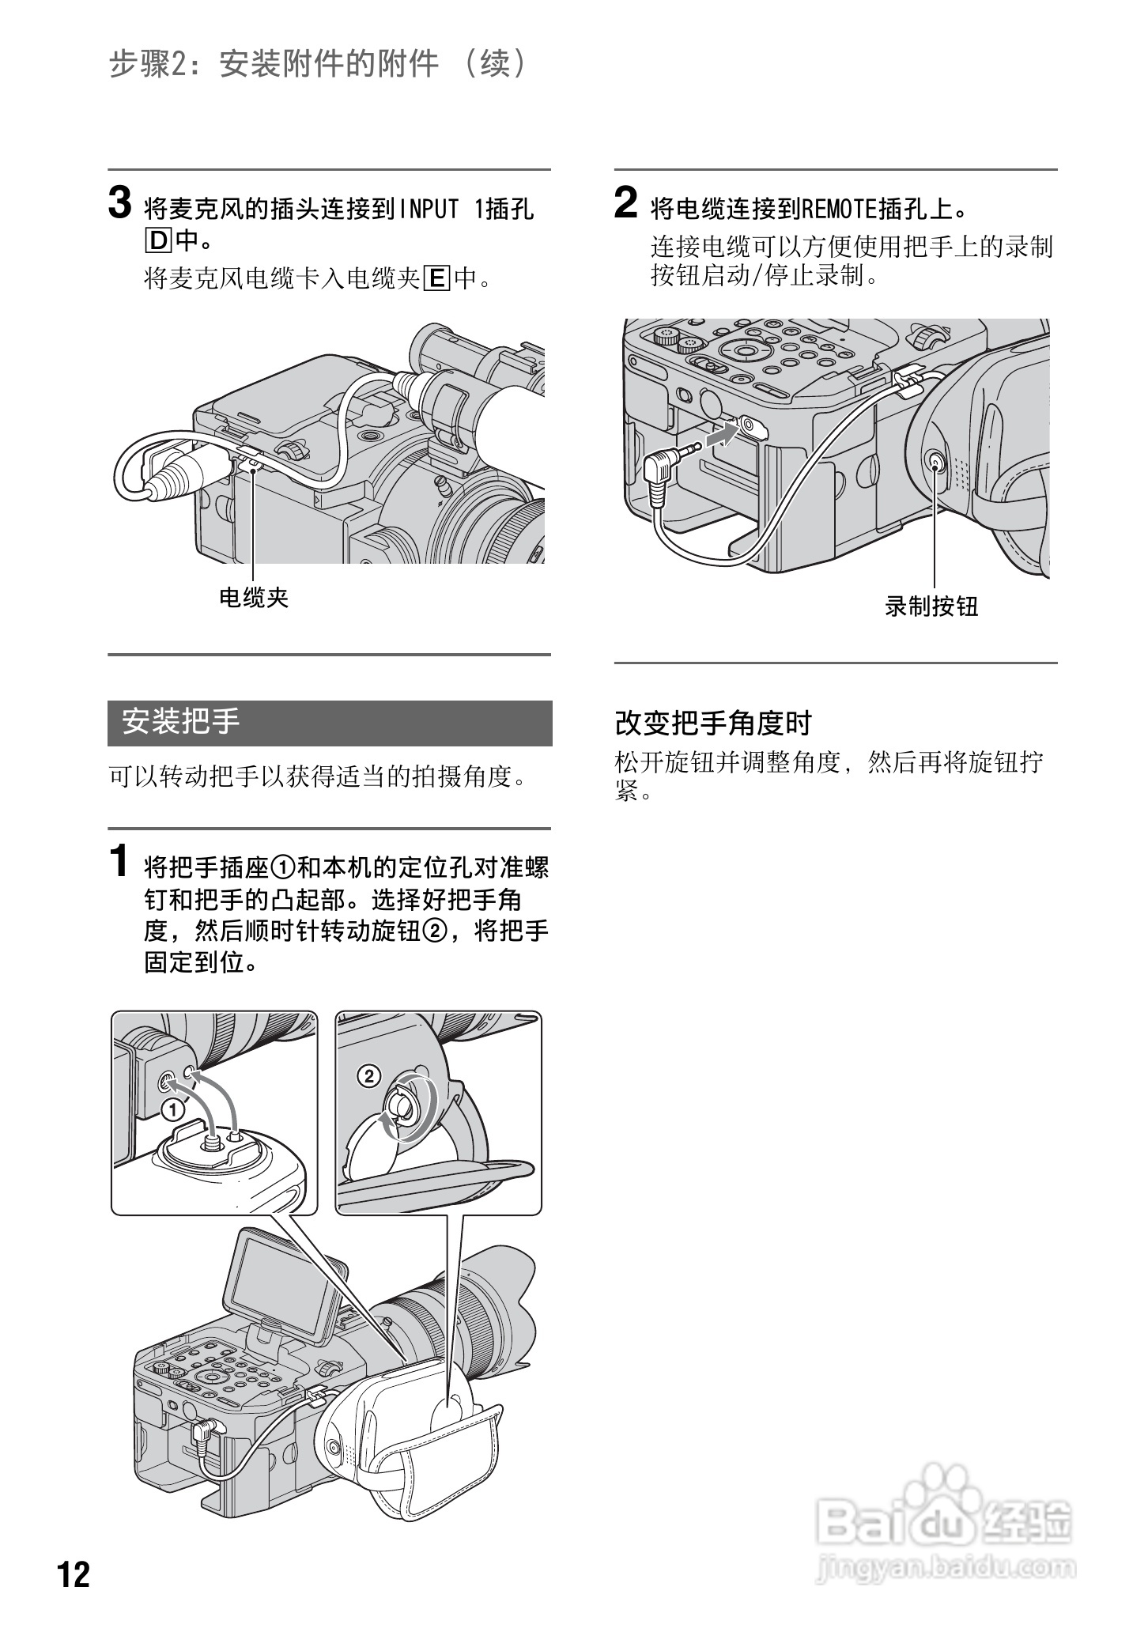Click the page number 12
[74, 1574]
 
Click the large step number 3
[119, 204]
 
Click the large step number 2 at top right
[625, 204]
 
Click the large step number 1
[119, 862]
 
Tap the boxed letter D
[157, 239]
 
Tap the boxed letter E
[436, 278]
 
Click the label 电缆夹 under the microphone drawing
[254, 598]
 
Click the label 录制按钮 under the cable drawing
[931, 606]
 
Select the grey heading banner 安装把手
[330, 723]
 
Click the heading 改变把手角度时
[713, 723]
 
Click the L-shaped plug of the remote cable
[661, 470]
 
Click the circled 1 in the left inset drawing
[172, 1110]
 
